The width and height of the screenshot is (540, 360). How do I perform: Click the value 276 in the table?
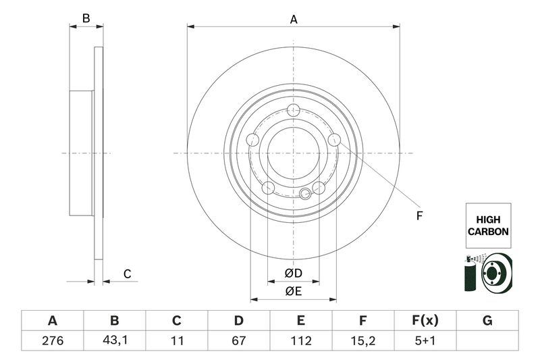(52, 341)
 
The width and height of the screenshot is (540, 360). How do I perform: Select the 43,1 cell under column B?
(115, 341)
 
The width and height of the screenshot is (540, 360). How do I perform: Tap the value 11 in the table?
(177, 341)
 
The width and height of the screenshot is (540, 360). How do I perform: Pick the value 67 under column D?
(238, 341)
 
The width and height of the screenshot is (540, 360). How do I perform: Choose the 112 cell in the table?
(301, 341)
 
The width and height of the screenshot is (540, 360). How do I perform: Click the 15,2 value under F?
(362, 341)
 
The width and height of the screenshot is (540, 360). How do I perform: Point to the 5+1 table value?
(425, 341)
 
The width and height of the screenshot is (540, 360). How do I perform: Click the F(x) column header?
(425, 320)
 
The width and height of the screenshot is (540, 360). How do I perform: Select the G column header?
(487, 320)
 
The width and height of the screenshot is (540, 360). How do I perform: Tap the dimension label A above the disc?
(294, 20)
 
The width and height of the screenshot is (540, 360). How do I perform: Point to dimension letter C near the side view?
(127, 274)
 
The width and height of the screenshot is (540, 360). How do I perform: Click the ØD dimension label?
(293, 274)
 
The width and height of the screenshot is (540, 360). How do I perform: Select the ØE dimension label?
(293, 292)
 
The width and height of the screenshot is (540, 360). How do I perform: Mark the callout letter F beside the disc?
(418, 216)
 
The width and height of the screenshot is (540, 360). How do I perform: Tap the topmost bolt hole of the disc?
(293, 111)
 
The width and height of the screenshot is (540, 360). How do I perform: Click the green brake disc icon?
(498, 274)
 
